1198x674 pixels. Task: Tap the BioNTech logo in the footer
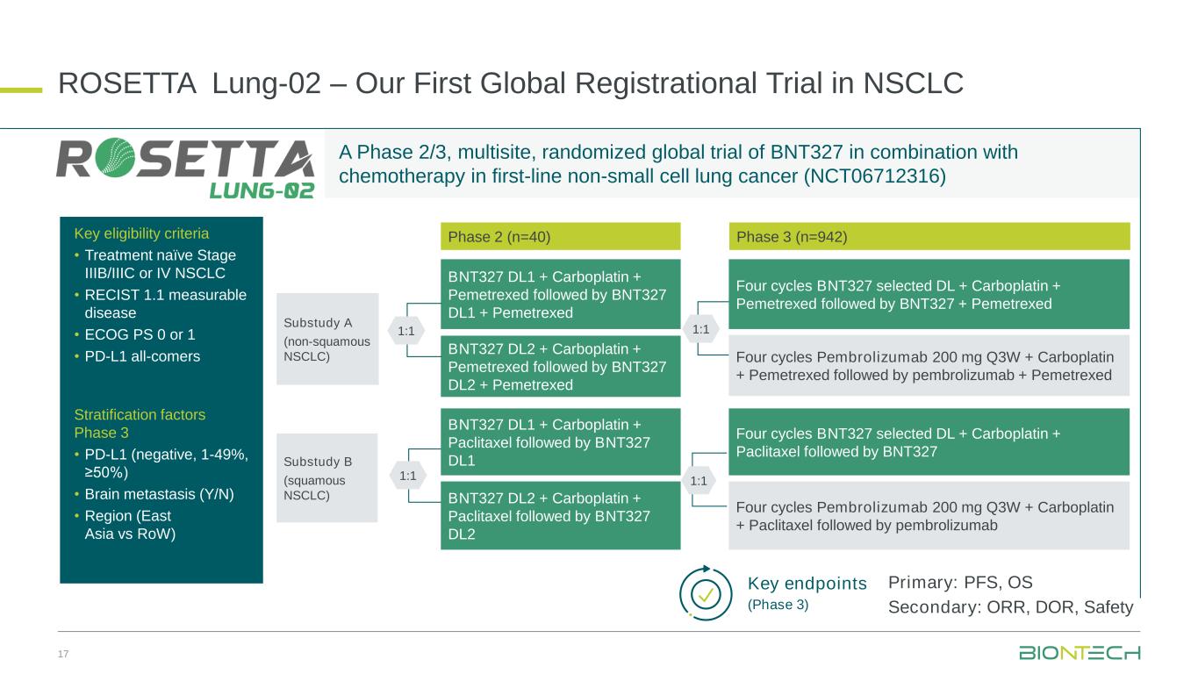pyautogui.click(x=1079, y=653)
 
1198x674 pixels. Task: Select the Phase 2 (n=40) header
pyautogui.click(x=560, y=236)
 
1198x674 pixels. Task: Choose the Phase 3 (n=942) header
pyautogui.click(x=929, y=236)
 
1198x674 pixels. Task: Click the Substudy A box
pyautogui.click(x=327, y=339)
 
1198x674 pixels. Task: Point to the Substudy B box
pyautogui.click(x=327, y=478)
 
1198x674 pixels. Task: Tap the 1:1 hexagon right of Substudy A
pyautogui.click(x=406, y=331)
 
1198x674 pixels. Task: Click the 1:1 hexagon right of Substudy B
pyautogui.click(x=407, y=476)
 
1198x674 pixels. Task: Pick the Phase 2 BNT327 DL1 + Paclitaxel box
pyautogui.click(x=560, y=442)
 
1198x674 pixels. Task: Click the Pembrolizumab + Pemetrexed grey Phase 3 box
pyautogui.click(x=929, y=366)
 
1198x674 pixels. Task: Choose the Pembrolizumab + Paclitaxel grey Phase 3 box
pyautogui.click(x=929, y=516)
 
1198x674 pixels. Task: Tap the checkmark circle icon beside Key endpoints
pyautogui.click(x=707, y=594)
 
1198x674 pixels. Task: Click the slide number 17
pyautogui.click(x=63, y=654)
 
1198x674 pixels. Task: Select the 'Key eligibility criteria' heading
pyautogui.click(x=141, y=233)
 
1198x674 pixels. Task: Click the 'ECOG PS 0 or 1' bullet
pyautogui.click(x=140, y=334)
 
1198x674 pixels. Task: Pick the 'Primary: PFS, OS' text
pyautogui.click(x=960, y=583)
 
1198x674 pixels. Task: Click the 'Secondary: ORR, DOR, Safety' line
pyautogui.click(x=1010, y=607)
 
